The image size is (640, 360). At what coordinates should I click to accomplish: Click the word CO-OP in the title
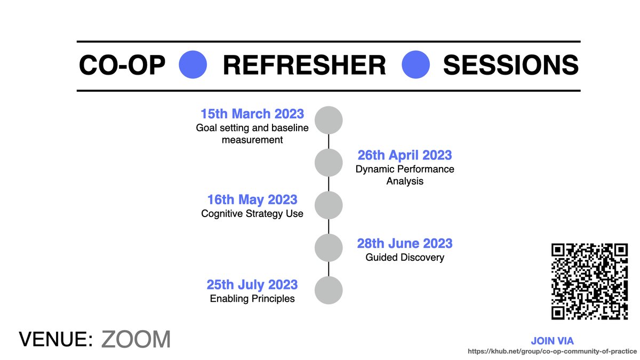click(x=122, y=66)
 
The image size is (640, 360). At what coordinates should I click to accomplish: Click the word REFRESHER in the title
click(x=304, y=66)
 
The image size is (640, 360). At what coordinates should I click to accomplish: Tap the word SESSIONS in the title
click(x=510, y=66)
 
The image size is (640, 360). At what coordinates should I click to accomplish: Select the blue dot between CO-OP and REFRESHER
click(x=194, y=65)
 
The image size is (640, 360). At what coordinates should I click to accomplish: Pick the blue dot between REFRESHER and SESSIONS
click(x=415, y=65)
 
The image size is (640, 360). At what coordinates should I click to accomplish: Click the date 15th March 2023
click(x=252, y=114)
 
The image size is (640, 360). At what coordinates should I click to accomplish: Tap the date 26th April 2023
click(x=404, y=155)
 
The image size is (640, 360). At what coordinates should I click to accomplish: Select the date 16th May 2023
click(x=252, y=199)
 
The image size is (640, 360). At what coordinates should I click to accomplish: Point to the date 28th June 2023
click(x=404, y=243)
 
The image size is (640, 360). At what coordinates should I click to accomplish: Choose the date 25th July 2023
click(x=252, y=284)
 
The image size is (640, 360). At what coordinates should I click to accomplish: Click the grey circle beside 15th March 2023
click(x=329, y=119)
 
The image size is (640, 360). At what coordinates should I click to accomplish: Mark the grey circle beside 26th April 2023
click(x=329, y=163)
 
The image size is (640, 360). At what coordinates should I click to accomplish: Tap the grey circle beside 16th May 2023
click(x=329, y=205)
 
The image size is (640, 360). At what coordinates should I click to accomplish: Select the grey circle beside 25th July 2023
click(x=329, y=290)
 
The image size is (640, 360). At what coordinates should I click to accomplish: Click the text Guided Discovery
click(x=405, y=258)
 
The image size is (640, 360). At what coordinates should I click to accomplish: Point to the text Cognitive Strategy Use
click(x=252, y=214)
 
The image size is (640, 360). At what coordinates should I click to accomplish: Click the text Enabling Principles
click(x=252, y=299)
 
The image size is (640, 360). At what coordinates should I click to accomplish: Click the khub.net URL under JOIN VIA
click(x=553, y=351)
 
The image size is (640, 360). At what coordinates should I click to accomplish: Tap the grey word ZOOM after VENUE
click(x=136, y=339)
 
